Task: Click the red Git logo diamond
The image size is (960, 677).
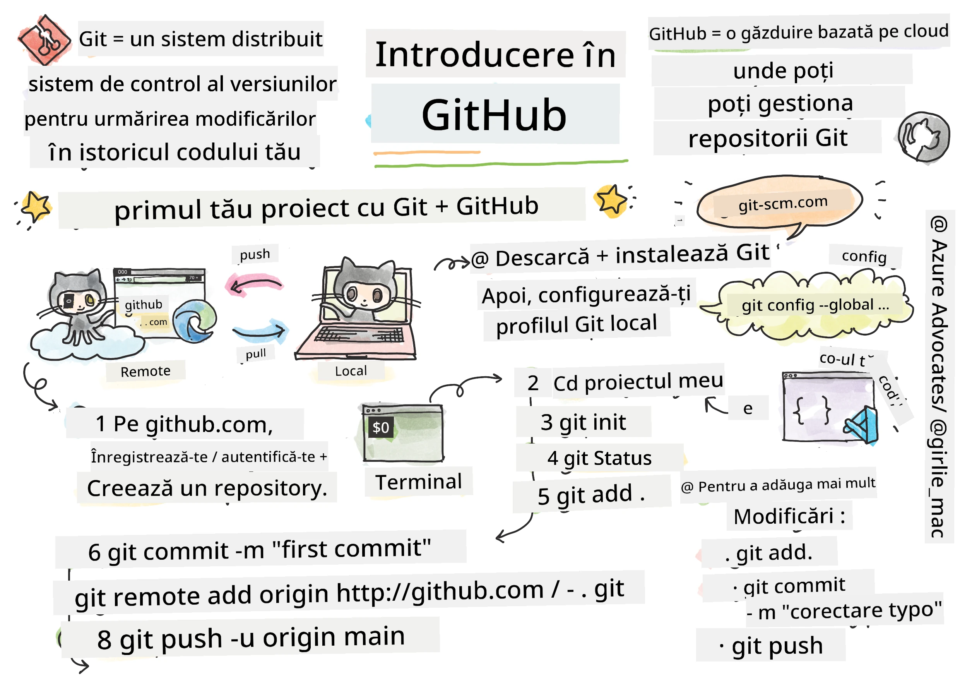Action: pyautogui.click(x=44, y=40)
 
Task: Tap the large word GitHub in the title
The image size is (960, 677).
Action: pyautogui.click(x=494, y=115)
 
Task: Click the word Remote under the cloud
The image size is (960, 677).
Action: pyautogui.click(x=145, y=371)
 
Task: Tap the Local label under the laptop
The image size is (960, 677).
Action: pyautogui.click(x=351, y=371)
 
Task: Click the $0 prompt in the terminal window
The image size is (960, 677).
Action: pyautogui.click(x=380, y=427)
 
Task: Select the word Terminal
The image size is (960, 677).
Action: pyautogui.click(x=419, y=482)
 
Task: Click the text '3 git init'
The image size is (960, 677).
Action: pyautogui.click(x=583, y=422)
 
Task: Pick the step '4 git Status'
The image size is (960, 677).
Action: pyautogui.click(x=599, y=458)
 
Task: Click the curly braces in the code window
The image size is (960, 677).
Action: pyautogui.click(x=811, y=410)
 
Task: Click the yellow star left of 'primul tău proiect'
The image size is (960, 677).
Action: pyautogui.click(x=36, y=207)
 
